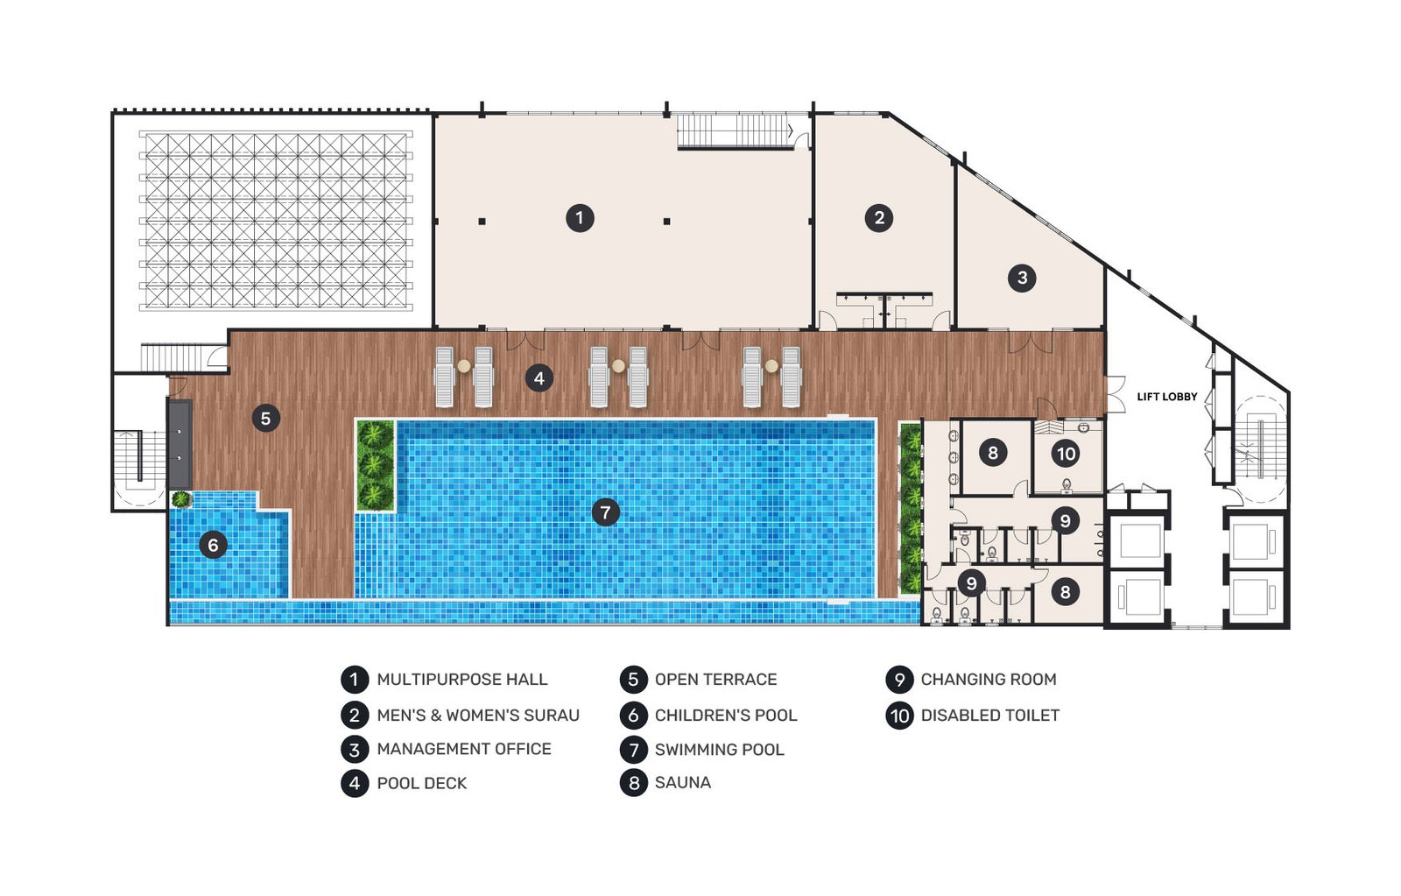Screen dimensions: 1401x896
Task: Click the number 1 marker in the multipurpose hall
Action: tap(580, 218)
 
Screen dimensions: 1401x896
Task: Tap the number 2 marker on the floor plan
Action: tap(879, 218)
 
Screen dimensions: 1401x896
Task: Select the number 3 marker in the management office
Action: tap(1022, 278)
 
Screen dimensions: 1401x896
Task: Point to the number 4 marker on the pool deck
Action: tap(539, 377)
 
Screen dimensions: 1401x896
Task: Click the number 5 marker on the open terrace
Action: tap(266, 418)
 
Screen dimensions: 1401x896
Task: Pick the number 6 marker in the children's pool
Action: tap(213, 545)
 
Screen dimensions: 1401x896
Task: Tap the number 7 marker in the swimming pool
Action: tap(605, 512)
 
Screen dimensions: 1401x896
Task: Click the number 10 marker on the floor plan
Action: tap(1066, 454)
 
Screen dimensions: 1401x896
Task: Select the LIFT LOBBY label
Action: tap(1167, 397)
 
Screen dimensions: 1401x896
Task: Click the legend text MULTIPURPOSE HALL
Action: tap(462, 680)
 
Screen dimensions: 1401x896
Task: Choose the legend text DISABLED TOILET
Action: tap(990, 716)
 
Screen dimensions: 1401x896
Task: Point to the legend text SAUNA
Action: tap(683, 782)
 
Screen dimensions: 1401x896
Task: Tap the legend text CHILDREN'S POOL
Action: tap(726, 716)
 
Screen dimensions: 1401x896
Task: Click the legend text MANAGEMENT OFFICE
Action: tap(464, 749)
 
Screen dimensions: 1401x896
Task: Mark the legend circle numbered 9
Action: tap(899, 680)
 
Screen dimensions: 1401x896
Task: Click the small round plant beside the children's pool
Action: tap(180, 499)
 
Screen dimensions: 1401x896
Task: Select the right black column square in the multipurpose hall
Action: tap(666, 222)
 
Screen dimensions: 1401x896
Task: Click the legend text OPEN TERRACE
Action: tap(716, 680)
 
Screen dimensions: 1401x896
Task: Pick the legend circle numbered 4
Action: tap(355, 783)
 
